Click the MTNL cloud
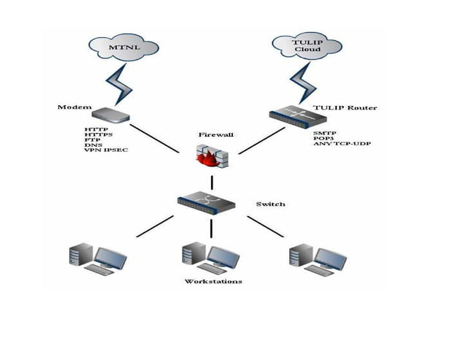[x=121, y=48]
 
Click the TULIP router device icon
[x=290, y=114]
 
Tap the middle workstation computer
[x=211, y=256]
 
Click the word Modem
[x=73, y=107]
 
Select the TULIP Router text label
[x=345, y=107]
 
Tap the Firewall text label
[x=215, y=135]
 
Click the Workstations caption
[x=213, y=281]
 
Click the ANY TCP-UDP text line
[x=341, y=144]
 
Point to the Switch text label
[x=270, y=204]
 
